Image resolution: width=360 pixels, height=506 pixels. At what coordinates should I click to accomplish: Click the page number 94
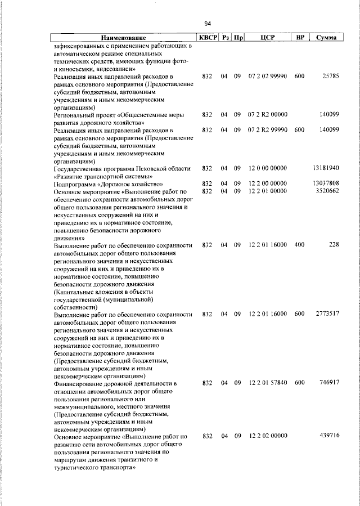(x=208, y=24)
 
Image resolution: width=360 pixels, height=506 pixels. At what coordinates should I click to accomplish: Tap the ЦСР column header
(x=268, y=38)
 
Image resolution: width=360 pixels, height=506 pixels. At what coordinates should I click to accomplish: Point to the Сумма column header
(x=326, y=38)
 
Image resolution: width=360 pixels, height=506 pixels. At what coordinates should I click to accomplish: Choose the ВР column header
(x=300, y=38)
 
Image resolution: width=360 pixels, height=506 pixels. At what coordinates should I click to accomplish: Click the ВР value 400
(x=299, y=245)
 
